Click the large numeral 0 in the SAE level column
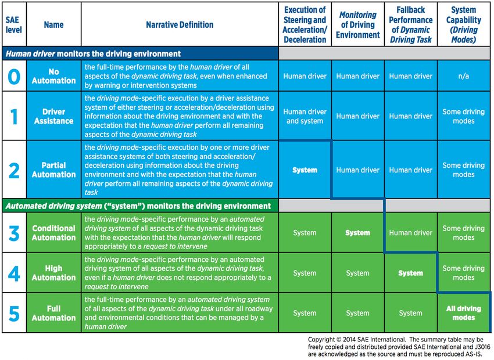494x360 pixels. click(x=13, y=76)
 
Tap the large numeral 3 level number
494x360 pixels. click(x=14, y=232)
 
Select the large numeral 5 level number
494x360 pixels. click(x=14, y=313)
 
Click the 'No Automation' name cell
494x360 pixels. click(x=53, y=76)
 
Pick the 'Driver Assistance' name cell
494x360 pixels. click(x=53, y=116)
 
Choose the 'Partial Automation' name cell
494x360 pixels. click(x=53, y=170)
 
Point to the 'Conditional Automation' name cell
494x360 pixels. click(x=53, y=233)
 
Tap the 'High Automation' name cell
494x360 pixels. click(x=53, y=273)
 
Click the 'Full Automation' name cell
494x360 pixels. click(x=53, y=313)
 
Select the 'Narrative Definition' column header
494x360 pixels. click(x=180, y=25)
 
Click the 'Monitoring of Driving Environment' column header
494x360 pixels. click(x=357, y=25)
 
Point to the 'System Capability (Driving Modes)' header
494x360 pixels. click(x=463, y=25)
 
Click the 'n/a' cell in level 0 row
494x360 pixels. click(x=463, y=76)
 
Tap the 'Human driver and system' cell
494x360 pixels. click(x=305, y=116)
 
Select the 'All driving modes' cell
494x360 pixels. click(x=463, y=313)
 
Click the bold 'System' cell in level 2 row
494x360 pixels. click(x=305, y=170)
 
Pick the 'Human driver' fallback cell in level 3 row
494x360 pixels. click(x=410, y=233)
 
